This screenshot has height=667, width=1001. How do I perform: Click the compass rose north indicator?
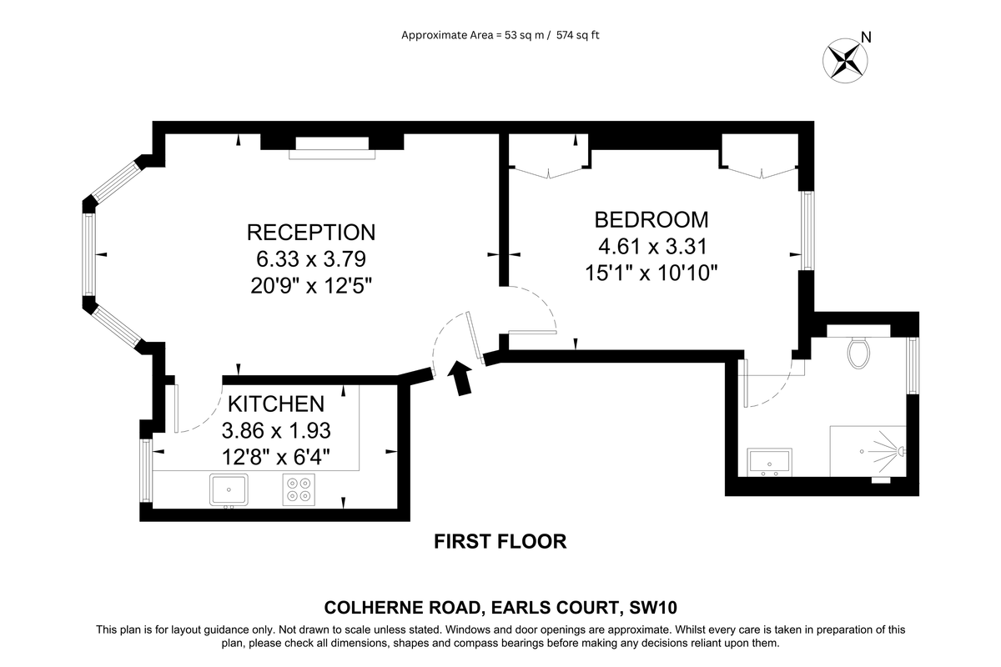point(846,60)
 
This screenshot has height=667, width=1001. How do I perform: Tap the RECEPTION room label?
point(311,232)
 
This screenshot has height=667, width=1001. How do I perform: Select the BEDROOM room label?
point(651,219)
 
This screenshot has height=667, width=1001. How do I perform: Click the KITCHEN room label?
point(276,404)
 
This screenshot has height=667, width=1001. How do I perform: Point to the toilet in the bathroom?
point(858,351)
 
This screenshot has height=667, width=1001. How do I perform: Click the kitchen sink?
point(229,489)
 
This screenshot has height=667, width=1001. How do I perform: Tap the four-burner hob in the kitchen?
point(299,489)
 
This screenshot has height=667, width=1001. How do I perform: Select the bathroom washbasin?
point(770,461)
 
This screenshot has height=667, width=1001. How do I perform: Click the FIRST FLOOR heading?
point(500,542)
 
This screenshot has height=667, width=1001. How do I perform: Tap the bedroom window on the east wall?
point(807,231)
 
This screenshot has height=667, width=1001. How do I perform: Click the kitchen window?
point(145,471)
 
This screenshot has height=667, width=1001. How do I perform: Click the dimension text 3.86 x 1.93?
point(276,431)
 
